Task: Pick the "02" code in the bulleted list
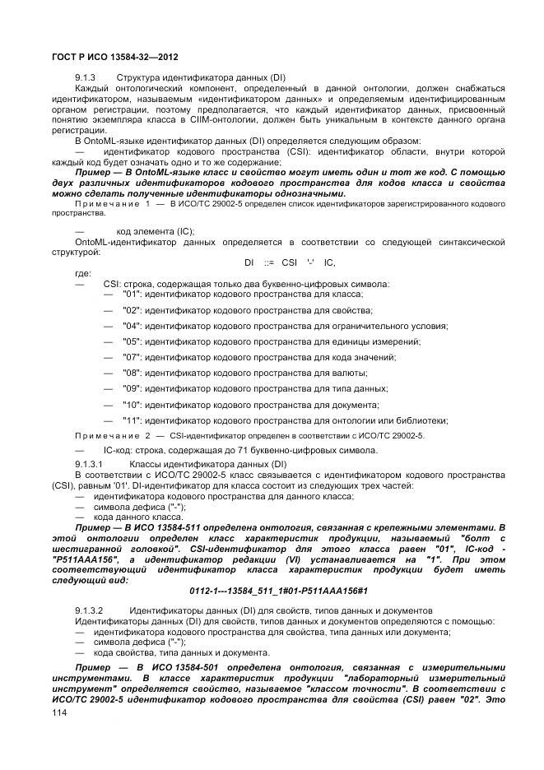(132, 310)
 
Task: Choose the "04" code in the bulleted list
(132, 326)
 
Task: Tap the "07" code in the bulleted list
(132, 357)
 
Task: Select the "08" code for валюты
(132, 373)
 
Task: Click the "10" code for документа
(132, 404)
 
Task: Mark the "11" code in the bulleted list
(132, 420)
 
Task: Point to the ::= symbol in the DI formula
(268, 262)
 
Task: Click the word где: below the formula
(83, 273)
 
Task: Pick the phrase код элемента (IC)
(155, 231)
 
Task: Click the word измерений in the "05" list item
(399, 341)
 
